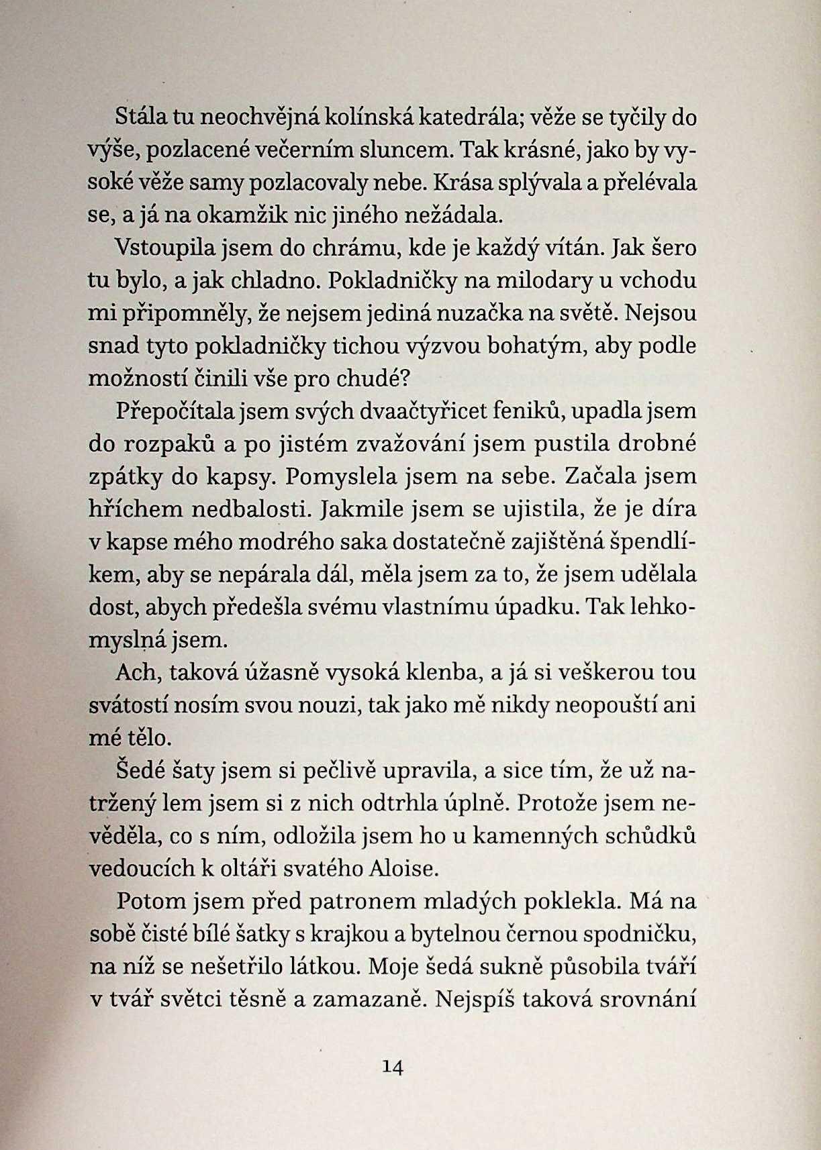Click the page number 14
click(391, 1067)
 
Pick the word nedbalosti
click(252, 509)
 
